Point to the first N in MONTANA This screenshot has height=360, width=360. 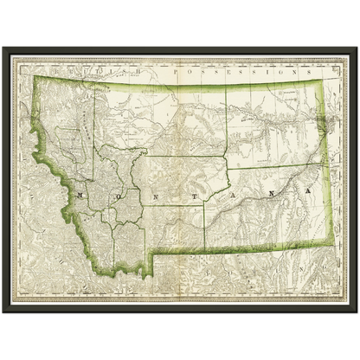click(x=142, y=196)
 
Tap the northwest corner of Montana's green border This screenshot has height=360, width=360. click(x=35, y=79)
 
